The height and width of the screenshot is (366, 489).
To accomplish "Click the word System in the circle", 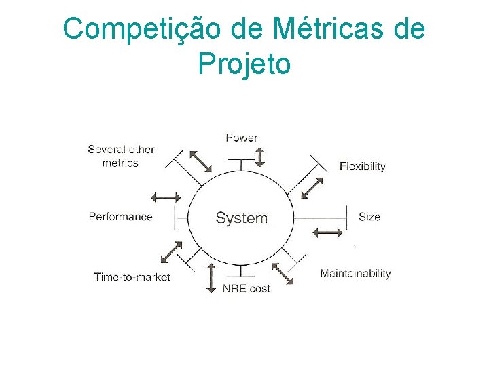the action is [241, 218].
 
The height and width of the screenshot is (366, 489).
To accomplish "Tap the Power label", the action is [241, 138].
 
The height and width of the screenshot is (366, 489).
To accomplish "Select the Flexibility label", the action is [362, 166].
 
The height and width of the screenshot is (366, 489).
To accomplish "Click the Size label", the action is [369, 217].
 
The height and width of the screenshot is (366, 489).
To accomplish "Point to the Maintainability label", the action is [355, 273].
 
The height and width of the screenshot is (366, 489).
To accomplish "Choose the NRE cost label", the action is [246, 288].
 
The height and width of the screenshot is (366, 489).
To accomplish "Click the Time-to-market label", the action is [132, 277].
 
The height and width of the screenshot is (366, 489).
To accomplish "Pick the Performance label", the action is [120, 217].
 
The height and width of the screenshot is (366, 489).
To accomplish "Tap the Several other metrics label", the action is [121, 156].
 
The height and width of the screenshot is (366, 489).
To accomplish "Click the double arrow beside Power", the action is [259, 157].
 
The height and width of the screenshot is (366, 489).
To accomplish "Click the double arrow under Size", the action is [328, 233].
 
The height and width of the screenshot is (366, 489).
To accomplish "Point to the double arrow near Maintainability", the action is [283, 272].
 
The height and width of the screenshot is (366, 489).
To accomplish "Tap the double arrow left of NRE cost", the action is [211, 278].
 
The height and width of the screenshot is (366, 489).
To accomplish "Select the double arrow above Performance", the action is [166, 197].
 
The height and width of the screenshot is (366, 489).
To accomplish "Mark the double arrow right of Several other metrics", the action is [200, 161].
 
